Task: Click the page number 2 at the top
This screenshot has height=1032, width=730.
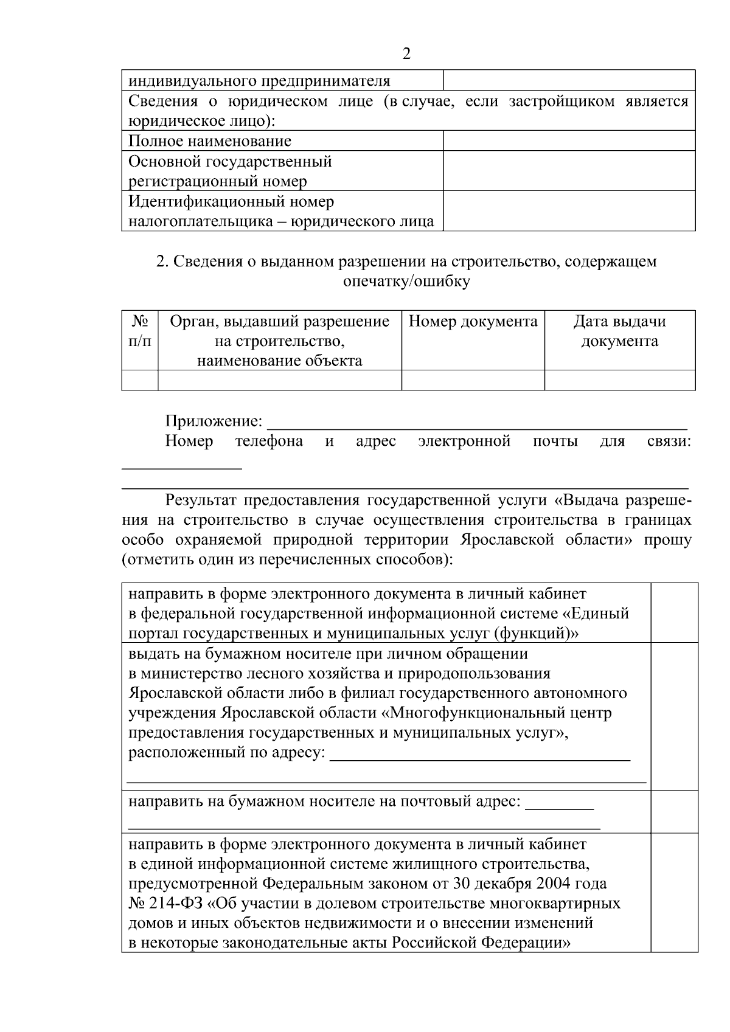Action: click(x=406, y=54)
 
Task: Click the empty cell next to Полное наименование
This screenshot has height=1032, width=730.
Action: click(x=569, y=141)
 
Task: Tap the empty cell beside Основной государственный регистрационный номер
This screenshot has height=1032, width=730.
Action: click(x=569, y=171)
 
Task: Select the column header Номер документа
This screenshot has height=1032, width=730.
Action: click(x=473, y=321)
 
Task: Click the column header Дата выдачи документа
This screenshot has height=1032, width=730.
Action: click(x=619, y=331)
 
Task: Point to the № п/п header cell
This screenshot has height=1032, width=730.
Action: click(x=140, y=331)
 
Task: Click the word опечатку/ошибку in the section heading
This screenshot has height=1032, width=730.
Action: click(x=406, y=282)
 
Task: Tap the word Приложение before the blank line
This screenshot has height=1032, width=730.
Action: click(x=214, y=421)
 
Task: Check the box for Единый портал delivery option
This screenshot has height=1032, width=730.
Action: click(x=674, y=612)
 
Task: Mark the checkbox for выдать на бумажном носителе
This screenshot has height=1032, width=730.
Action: click(x=674, y=716)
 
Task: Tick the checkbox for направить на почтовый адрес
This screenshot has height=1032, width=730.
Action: click(x=674, y=811)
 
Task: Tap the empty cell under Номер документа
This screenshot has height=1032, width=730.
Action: click(x=473, y=380)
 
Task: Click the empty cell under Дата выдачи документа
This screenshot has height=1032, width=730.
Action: click(x=619, y=380)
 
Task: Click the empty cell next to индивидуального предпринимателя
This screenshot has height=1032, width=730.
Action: click(x=569, y=80)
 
